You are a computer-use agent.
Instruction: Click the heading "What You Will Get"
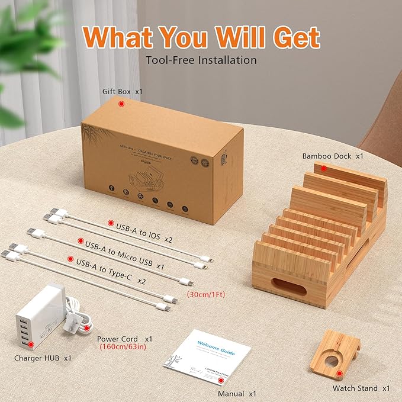[x=201, y=37]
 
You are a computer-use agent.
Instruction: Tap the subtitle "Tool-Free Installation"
[x=201, y=60]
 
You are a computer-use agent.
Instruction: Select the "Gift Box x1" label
[x=123, y=92]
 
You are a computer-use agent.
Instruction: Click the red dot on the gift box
[x=121, y=104]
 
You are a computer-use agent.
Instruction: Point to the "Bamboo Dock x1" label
[x=332, y=156]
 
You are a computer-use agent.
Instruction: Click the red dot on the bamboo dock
[x=324, y=168]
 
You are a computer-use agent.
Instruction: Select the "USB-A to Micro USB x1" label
[x=124, y=244]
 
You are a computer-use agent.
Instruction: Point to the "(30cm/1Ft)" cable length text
[x=207, y=294]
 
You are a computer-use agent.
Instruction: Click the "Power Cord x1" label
[x=124, y=339]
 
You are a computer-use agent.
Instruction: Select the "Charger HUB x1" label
[x=43, y=358]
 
